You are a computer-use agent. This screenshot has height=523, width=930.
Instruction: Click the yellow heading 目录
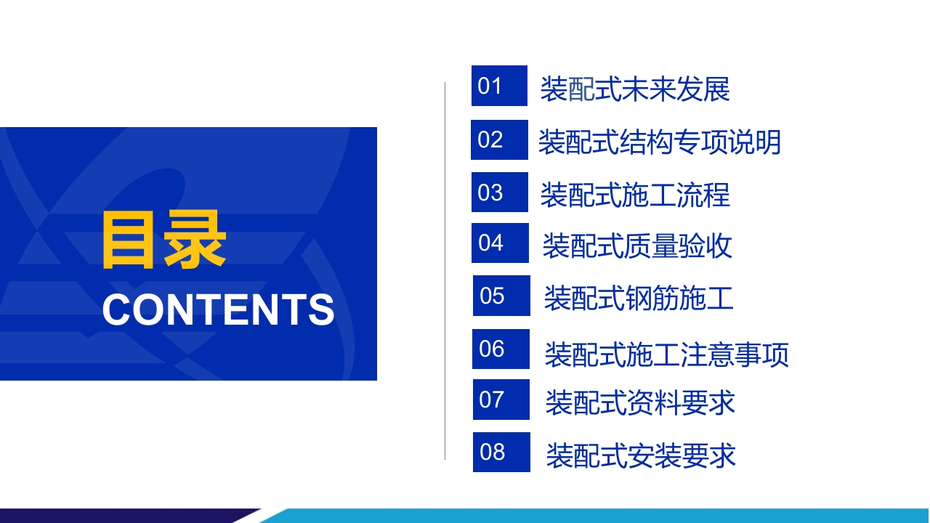(164, 240)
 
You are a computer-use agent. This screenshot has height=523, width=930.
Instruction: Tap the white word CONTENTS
(219, 309)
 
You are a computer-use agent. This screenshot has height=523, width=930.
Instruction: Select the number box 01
(499, 86)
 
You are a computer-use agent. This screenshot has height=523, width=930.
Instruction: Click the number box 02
(499, 140)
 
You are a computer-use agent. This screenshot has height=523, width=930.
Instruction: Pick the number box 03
(500, 192)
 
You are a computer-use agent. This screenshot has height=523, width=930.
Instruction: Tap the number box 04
(501, 243)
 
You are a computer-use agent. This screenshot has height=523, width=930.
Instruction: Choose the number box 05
(501, 296)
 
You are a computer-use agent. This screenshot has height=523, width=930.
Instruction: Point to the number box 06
(501, 349)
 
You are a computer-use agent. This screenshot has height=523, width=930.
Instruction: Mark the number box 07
(501, 400)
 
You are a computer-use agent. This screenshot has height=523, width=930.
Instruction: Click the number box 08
(501, 452)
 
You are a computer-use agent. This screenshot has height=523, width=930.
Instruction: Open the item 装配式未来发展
(635, 89)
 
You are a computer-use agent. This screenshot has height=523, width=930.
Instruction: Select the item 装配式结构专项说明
(659, 142)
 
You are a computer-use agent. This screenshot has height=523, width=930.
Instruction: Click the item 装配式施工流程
(635, 195)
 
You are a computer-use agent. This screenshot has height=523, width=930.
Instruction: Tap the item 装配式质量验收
(637, 246)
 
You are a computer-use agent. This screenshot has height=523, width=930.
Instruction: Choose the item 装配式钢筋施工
(639, 298)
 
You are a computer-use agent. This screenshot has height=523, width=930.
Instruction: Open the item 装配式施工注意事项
(666, 354)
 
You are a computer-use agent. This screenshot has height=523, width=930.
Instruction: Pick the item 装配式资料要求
(640, 402)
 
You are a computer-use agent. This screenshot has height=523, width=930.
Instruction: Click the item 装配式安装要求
(641, 455)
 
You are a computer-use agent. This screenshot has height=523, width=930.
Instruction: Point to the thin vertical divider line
(445, 271)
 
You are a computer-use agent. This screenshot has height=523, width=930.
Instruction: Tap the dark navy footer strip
(124, 516)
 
